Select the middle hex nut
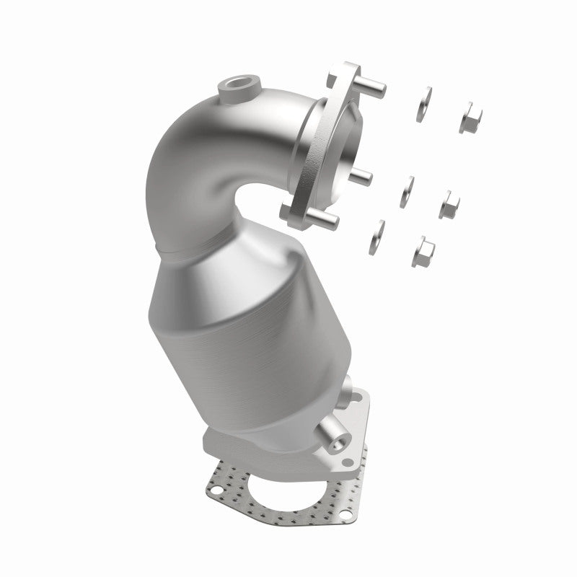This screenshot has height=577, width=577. [451, 205]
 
